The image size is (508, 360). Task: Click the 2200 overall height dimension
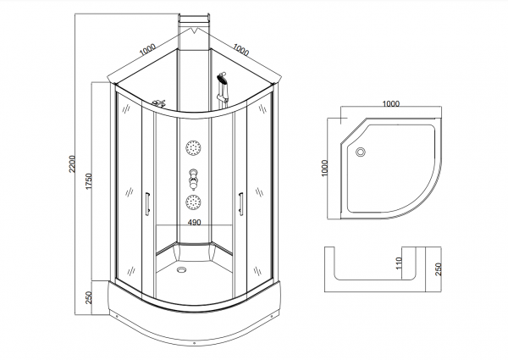pos(72,164)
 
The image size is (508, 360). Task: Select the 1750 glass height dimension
pos(89,181)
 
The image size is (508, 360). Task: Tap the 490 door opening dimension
pos(195,222)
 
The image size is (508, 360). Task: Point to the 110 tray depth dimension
pos(399,263)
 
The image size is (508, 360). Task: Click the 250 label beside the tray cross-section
pos(438,269)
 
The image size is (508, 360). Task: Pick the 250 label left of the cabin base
pos(89,298)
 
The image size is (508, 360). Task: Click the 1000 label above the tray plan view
pos(391,103)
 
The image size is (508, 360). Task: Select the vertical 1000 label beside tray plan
pos(325,168)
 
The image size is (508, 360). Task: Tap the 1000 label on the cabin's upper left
pos(147,50)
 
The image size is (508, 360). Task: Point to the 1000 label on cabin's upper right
pos(241,50)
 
